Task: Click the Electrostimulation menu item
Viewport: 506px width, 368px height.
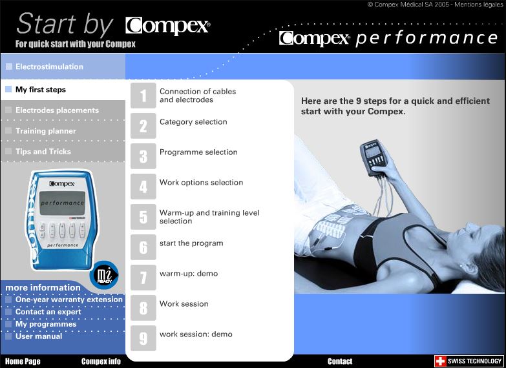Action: coord(49,66)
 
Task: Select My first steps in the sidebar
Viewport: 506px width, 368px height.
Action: coord(40,90)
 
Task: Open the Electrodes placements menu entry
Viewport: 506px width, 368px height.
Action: coord(57,110)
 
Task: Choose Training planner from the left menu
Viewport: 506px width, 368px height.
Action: coord(45,131)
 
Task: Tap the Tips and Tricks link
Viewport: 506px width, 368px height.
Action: coord(43,152)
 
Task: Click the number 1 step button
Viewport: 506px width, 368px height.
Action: coord(143,96)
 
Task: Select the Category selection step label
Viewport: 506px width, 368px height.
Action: coord(193,122)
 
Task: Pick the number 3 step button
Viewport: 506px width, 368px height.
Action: coord(143,156)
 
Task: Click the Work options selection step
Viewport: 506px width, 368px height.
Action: coord(201,183)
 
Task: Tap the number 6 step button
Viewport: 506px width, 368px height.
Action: coord(143,247)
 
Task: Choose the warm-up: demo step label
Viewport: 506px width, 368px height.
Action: coord(188,274)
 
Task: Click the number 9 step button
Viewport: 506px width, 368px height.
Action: coord(143,338)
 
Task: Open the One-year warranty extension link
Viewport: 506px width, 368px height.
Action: coord(69,300)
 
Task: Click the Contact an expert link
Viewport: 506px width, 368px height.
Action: coord(48,312)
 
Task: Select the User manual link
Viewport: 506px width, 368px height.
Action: coord(39,336)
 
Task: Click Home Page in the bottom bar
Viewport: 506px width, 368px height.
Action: coord(23,362)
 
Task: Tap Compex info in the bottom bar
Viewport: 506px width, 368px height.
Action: coord(101,362)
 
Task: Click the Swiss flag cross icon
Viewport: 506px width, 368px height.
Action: coord(440,361)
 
